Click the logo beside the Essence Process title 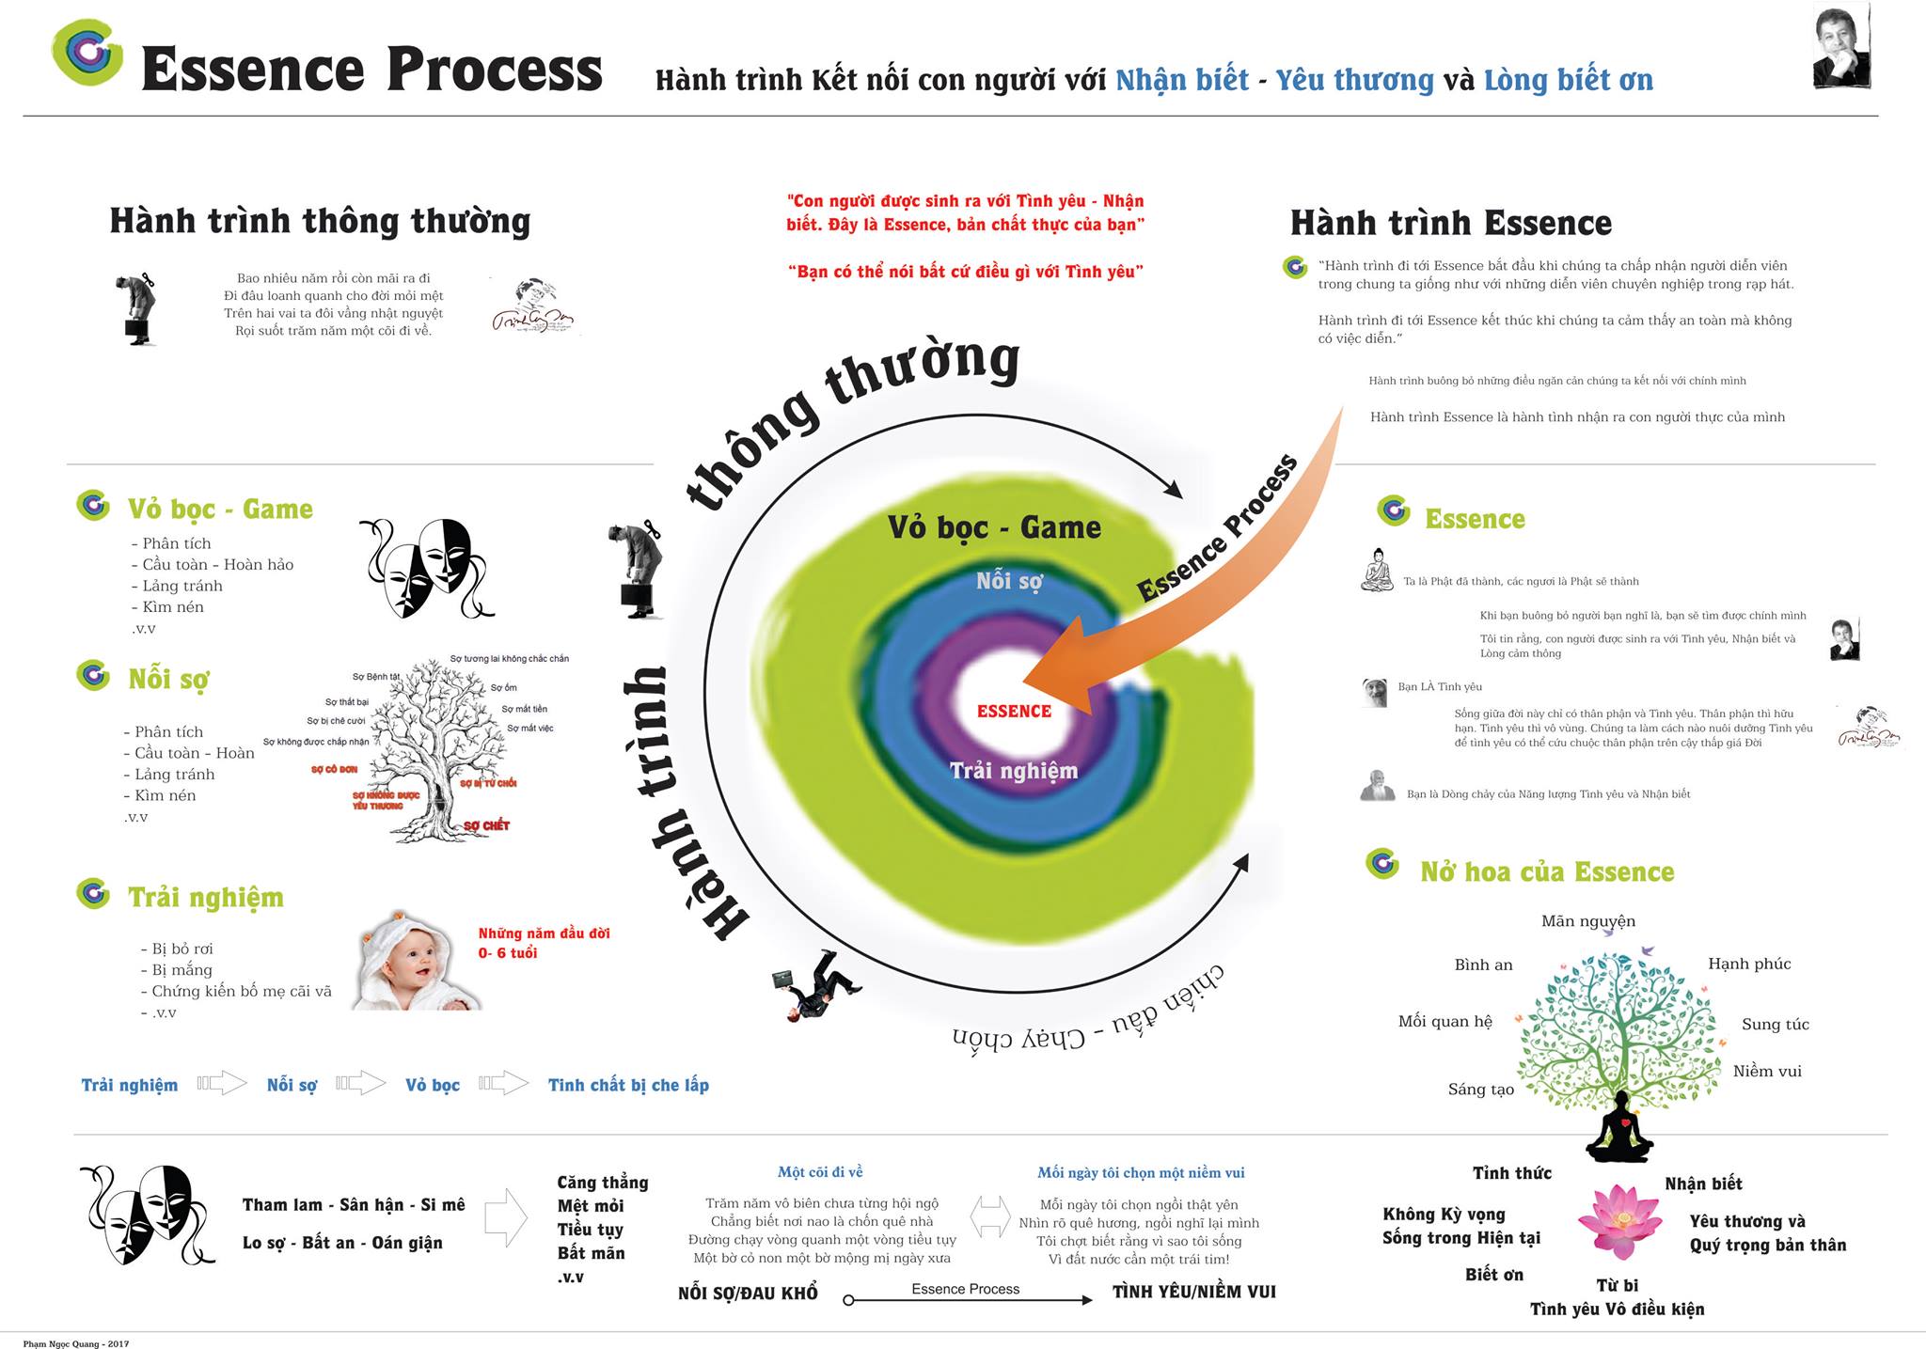click(87, 53)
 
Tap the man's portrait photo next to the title click(1841, 47)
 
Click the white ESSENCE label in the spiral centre click(1014, 712)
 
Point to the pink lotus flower click(1619, 1219)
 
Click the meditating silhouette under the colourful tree click(1618, 1128)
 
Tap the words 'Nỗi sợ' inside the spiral click(1009, 581)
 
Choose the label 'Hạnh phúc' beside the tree click(1749, 964)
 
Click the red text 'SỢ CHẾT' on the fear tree click(486, 825)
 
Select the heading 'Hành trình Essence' click(1450, 223)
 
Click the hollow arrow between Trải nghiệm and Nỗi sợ click(222, 1083)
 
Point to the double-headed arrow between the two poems click(988, 1216)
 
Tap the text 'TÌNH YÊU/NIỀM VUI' click(1193, 1292)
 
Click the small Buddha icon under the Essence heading click(1377, 570)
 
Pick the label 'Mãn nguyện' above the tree click(1587, 921)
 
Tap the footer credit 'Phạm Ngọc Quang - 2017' click(76, 1343)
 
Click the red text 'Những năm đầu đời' click(544, 933)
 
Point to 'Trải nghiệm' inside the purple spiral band click(1013, 771)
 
